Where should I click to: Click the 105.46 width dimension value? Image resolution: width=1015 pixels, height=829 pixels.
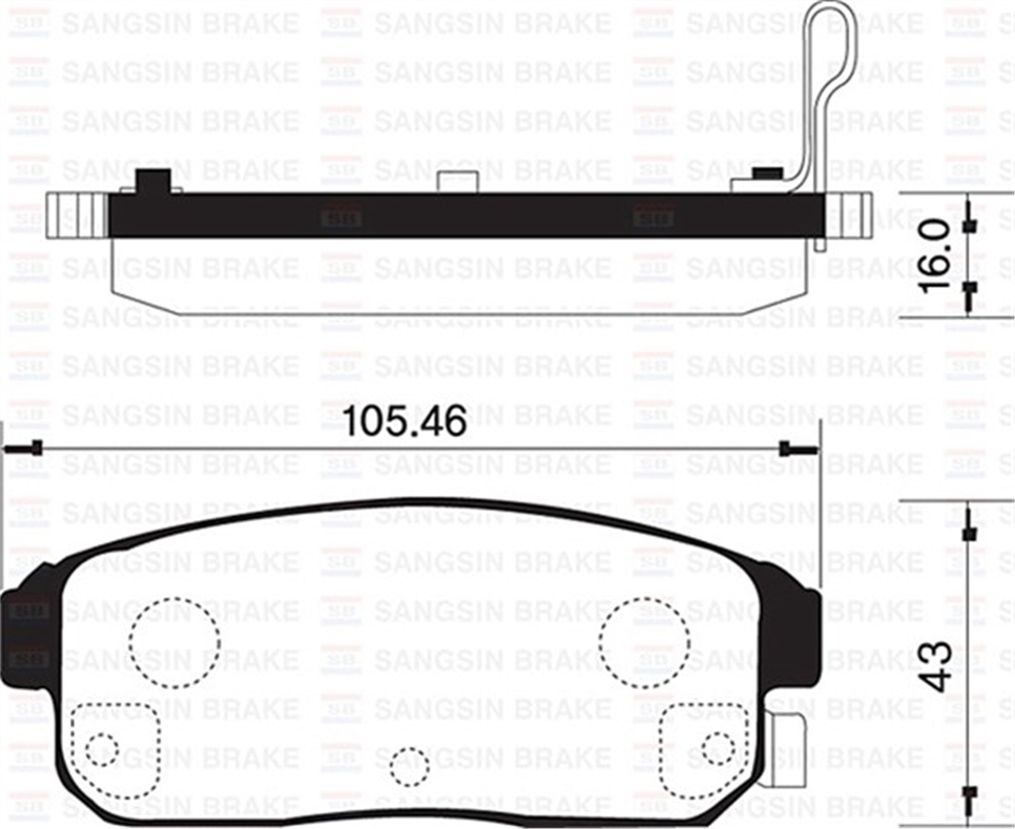(406, 421)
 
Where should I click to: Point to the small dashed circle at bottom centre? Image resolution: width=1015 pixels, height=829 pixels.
(409, 766)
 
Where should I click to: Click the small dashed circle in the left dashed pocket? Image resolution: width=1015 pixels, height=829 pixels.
(102, 749)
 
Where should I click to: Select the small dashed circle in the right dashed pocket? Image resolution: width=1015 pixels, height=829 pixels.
(718, 746)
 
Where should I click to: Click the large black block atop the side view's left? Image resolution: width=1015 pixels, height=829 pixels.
(153, 181)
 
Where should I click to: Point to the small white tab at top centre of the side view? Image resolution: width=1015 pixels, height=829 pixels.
(458, 181)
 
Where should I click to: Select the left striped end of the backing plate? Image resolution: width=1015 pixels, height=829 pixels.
(76, 215)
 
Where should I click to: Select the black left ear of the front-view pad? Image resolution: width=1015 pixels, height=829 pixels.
(25, 626)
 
